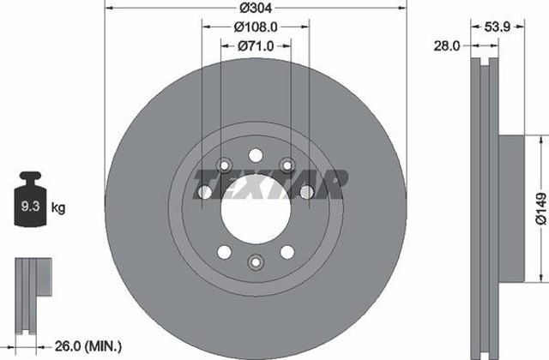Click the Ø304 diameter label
256,8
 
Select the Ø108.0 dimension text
256,27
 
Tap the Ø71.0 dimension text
256,45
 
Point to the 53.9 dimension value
498,27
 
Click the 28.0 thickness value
447,45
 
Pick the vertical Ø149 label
540,208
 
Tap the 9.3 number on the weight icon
31,206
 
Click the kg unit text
58,207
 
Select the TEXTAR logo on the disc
271,184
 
